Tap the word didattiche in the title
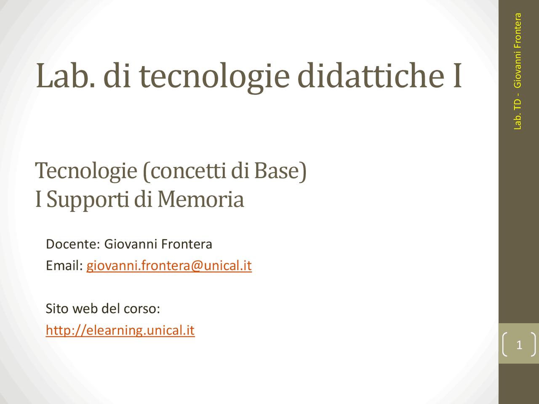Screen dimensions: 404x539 pos(371,76)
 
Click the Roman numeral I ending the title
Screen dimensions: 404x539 pos(457,76)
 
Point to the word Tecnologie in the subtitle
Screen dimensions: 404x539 pos(86,171)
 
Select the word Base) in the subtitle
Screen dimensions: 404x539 pos(280,171)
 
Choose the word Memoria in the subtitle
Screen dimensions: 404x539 pos(201,199)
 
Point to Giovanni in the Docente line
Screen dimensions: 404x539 pos(131,244)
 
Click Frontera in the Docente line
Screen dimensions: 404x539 pos(187,244)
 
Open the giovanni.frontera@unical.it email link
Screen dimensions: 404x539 pos(169,266)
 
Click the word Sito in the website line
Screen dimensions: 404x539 pos(57,308)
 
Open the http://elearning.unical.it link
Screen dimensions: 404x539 pos(120,330)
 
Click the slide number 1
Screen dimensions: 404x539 pos(519,345)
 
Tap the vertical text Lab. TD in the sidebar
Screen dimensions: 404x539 pos(518,114)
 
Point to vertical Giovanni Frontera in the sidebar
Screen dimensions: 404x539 pos(518,50)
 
